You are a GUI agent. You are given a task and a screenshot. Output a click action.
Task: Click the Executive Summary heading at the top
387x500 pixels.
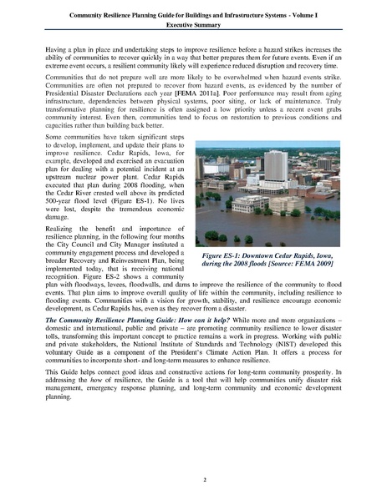pyautogui.click(x=193, y=26)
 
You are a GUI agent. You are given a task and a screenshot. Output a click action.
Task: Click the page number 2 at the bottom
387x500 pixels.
pyautogui.click(x=193, y=480)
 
